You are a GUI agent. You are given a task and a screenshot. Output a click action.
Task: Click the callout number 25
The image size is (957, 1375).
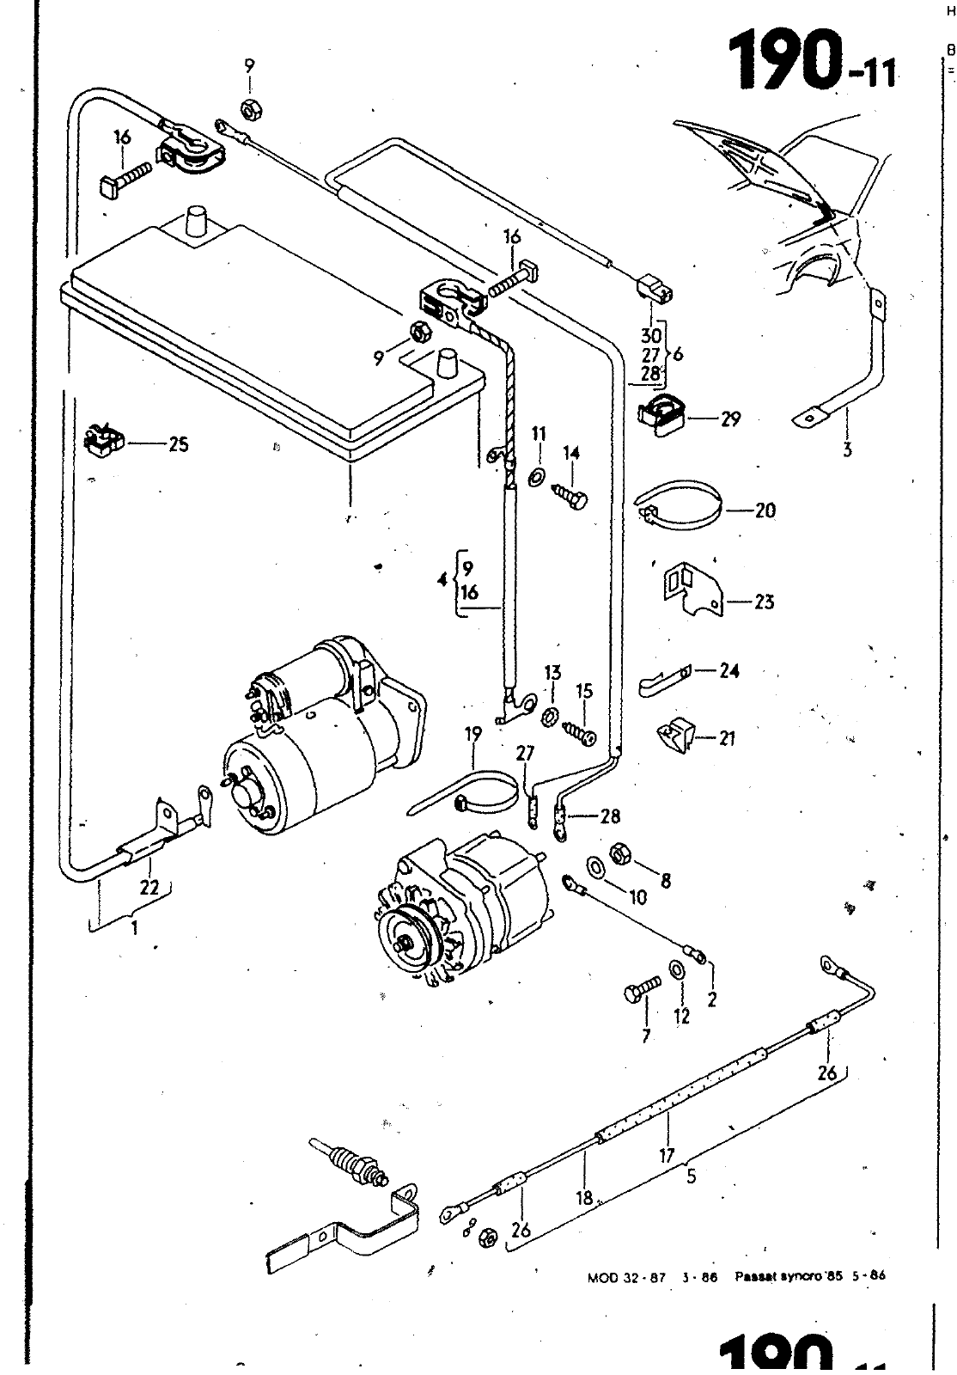(x=178, y=445)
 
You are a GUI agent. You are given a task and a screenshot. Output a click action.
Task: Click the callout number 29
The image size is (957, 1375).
(x=730, y=419)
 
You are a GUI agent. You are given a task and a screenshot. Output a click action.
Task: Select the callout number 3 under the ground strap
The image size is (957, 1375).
(x=847, y=449)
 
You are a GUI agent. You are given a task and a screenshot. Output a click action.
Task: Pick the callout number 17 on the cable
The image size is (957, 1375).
(x=667, y=1156)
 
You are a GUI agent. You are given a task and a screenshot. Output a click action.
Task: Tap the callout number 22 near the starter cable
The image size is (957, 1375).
(x=149, y=888)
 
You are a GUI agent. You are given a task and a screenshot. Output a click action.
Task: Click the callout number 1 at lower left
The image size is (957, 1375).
(x=134, y=927)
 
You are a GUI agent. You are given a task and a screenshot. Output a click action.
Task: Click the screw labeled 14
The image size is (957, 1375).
(x=570, y=496)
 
